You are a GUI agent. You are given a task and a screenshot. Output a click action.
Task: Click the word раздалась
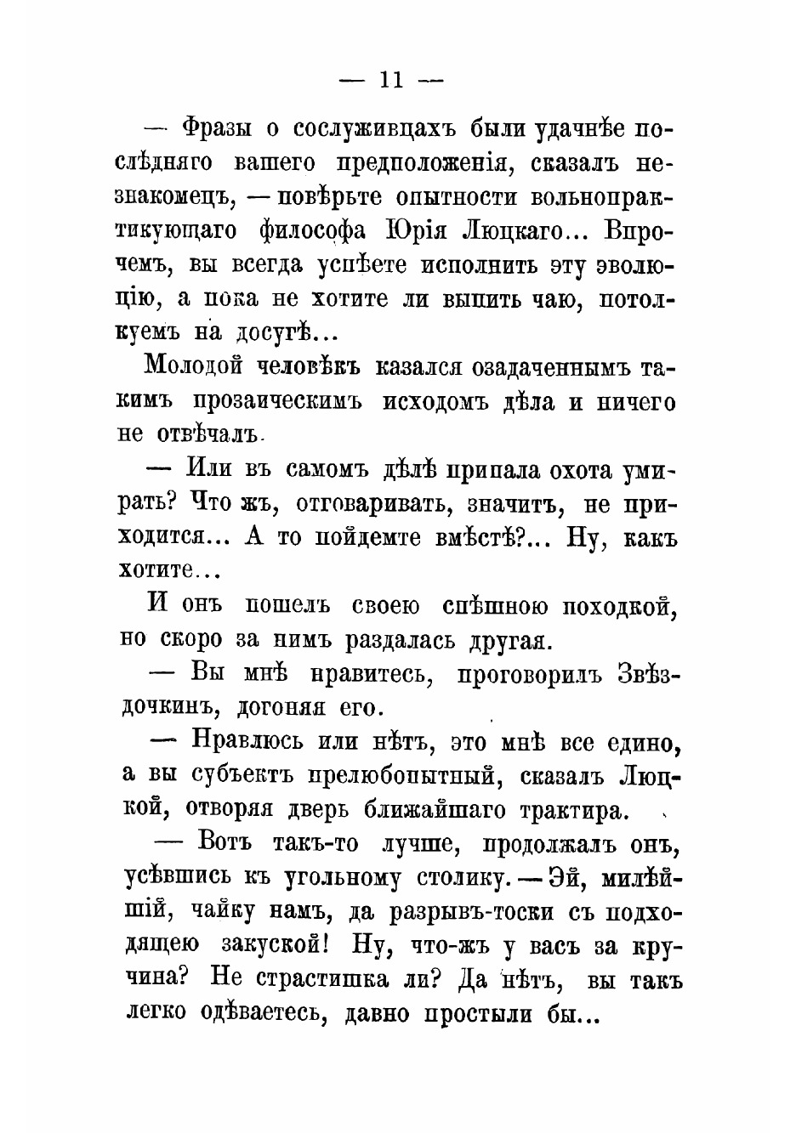pos(399,639)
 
